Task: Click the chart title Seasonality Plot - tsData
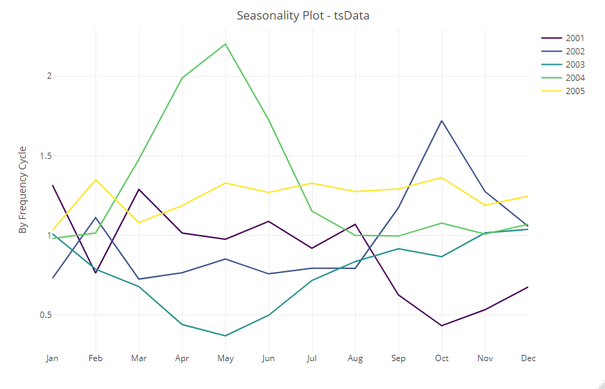(x=302, y=15)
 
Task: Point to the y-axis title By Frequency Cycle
(x=23, y=189)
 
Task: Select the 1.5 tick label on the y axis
(x=45, y=155)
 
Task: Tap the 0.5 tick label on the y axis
(x=45, y=314)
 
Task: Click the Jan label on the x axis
(x=52, y=359)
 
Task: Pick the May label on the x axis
(x=225, y=359)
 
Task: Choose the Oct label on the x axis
(x=442, y=359)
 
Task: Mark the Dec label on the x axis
(x=528, y=359)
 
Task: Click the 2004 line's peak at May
(x=225, y=44)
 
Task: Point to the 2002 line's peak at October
(x=442, y=121)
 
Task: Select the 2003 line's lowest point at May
(x=225, y=336)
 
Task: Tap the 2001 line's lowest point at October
(x=442, y=326)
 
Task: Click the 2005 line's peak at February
(x=96, y=180)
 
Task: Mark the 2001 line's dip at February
(x=96, y=273)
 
